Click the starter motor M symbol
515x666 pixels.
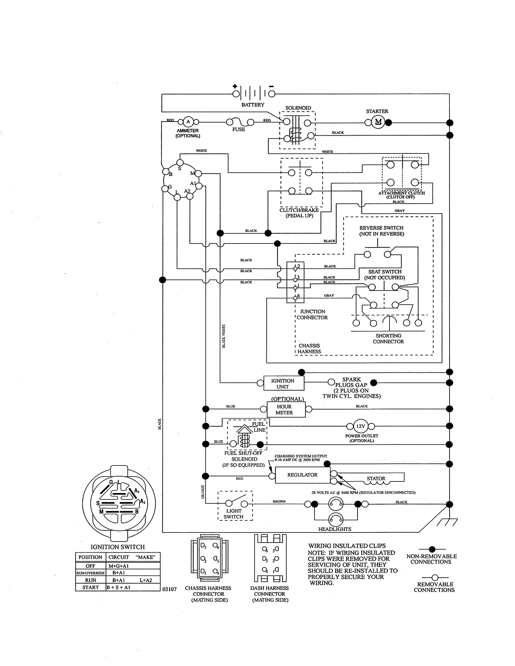[378, 122]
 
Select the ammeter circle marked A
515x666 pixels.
[188, 122]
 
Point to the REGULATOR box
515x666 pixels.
[302, 475]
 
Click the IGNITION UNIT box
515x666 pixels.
[283, 383]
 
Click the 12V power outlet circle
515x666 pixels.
[361, 426]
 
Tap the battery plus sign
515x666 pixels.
[235, 86]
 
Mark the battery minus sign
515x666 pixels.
[271, 86]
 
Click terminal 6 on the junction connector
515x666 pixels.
[295, 298]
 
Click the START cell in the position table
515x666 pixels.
[91, 587]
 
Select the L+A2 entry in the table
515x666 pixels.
[146, 580]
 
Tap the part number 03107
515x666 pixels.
[169, 589]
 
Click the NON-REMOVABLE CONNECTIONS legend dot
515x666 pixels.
[432, 549]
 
